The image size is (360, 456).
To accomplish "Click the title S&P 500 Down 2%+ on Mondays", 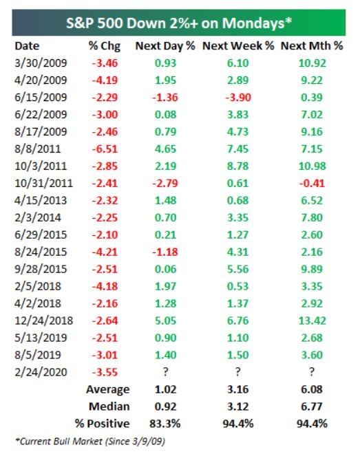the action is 179,23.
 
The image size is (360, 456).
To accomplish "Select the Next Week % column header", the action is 238,46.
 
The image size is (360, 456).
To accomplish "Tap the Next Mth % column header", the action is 312,46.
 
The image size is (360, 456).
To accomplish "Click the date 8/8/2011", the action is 38,149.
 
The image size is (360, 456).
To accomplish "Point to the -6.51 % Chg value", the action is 105,149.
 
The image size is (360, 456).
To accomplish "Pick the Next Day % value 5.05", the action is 165,321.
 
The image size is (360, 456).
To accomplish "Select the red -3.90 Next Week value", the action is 238,98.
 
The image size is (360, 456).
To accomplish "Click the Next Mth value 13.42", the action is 312,321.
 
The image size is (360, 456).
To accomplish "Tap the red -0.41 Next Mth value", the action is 312,183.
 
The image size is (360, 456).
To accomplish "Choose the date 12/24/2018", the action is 43,321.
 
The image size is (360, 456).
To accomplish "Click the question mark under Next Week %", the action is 237,371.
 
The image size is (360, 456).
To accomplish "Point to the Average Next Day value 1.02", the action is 165,389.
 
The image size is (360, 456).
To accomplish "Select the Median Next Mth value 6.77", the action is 312,406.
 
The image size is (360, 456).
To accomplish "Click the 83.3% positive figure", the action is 165,424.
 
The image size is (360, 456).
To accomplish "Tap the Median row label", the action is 109,406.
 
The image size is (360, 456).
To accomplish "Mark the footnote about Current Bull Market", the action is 90,441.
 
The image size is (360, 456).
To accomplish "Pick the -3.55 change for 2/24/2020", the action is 105,372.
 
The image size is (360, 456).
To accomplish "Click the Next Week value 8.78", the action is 237,166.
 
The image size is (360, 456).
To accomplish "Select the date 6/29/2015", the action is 41,235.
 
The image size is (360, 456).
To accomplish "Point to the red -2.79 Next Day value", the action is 165,183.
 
